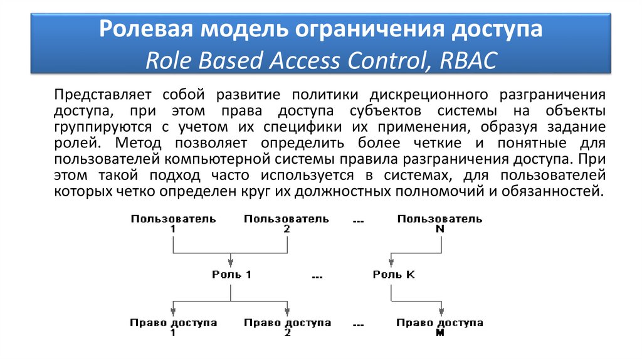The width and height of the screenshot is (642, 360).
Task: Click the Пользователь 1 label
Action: [x=173, y=224]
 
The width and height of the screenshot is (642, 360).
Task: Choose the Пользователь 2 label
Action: [x=287, y=224]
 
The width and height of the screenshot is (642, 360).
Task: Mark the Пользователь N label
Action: [x=439, y=224]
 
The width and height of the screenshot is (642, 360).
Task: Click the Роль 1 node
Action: [x=231, y=275]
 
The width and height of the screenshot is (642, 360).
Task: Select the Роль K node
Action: [x=393, y=275]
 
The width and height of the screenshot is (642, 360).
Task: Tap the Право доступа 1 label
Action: [x=173, y=327]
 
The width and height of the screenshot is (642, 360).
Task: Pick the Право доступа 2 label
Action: [x=287, y=327]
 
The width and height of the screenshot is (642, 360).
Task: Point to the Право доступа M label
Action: [x=439, y=327]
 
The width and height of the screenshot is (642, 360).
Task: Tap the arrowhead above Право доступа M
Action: [x=441, y=311]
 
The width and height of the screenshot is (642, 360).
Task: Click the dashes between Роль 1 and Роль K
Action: [x=317, y=277]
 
